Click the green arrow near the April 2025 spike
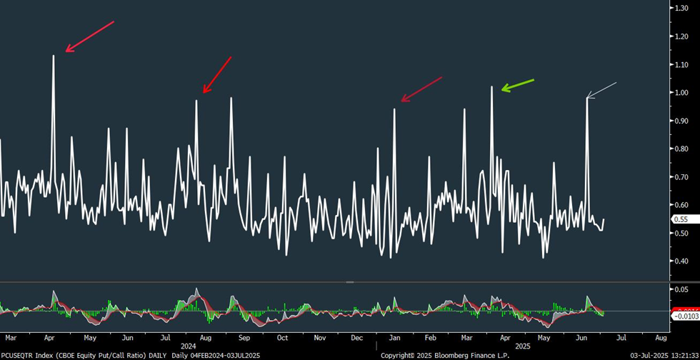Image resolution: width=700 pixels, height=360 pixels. click(517, 84)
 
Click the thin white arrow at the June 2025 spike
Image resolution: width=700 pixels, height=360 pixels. click(601, 90)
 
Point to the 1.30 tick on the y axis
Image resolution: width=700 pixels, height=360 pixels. click(681, 8)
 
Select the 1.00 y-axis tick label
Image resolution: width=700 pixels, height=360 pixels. click(681, 93)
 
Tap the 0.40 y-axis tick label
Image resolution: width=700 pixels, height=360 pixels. click(681, 261)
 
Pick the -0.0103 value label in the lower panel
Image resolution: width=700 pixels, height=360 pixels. click(685, 315)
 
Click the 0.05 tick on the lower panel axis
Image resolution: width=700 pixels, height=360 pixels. click(681, 289)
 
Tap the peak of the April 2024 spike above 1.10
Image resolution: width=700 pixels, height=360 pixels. click(54, 55)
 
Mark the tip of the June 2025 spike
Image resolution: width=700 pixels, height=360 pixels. click(587, 98)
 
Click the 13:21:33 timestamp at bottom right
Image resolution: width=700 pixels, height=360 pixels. click(679, 355)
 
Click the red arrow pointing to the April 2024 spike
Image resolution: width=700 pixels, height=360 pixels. click(89, 36)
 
